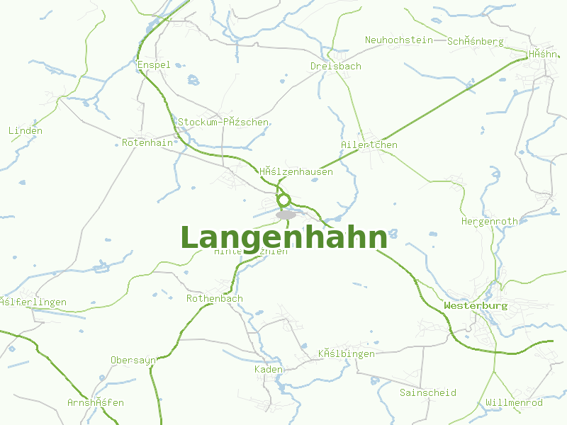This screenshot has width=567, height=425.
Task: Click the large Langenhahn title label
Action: pyautogui.click(x=283, y=238)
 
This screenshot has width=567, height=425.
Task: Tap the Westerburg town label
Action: pyautogui.click(x=476, y=306)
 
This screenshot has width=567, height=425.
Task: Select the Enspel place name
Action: pyautogui.click(x=154, y=65)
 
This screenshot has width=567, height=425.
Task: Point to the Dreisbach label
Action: pyautogui.click(x=335, y=66)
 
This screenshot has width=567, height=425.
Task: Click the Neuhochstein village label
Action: pyautogui.click(x=398, y=40)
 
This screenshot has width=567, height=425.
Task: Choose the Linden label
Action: pyautogui.click(x=26, y=130)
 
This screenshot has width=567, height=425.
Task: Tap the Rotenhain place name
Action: pyautogui.click(x=147, y=142)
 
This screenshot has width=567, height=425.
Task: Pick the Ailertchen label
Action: pyautogui.click(x=369, y=144)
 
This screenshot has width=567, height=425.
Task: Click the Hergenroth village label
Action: pyautogui.click(x=489, y=221)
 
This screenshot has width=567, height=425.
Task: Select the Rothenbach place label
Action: pyautogui.click(x=214, y=298)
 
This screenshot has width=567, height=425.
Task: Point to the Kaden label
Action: pyautogui.click(x=269, y=369)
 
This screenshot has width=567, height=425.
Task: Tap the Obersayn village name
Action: pyautogui.click(x=133, y=360)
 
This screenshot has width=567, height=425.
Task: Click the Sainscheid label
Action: pyautogui.click(x=427, y=392)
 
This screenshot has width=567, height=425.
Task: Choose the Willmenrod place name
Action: pyautogui.click(x=514, y=402)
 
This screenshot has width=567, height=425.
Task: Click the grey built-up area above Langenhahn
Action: pyautogui.click(x=286, y=215)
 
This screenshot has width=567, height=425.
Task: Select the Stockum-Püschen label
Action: pyautogui.click(x=223, y=122)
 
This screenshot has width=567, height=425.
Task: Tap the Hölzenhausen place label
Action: pyautogui.click(x=296, y=171)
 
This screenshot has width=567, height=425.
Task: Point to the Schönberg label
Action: pyautogui.click(x=475, y=41)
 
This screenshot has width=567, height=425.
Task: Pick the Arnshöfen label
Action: pyautogui.click(x=96, y=402)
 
